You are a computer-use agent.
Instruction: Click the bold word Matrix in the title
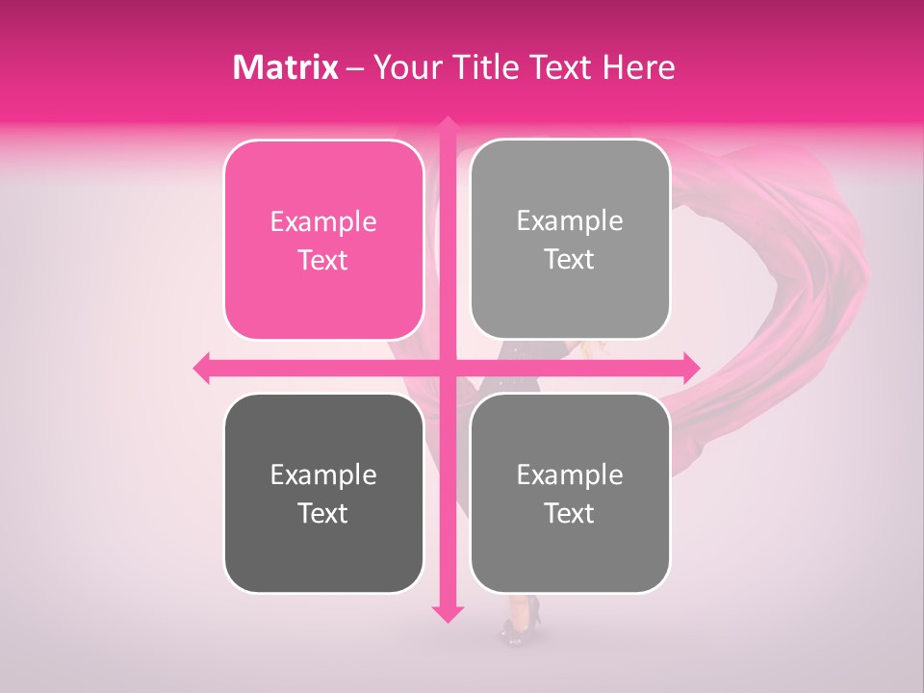[x=286, y=67]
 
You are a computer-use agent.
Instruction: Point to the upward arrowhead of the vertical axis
[x=447, y=125]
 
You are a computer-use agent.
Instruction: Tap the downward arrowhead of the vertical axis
[x=447, y=613]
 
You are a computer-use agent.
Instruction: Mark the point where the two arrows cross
[x=447, y=368]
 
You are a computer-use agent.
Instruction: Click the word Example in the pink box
[x=323, y=222]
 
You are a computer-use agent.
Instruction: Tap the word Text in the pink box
[x=323, y=261]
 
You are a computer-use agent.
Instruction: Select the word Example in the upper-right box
[x=570, y=221]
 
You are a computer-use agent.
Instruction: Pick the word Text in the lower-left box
[x=323, y=514]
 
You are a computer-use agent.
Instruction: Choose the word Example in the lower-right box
[x=570, y=475]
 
